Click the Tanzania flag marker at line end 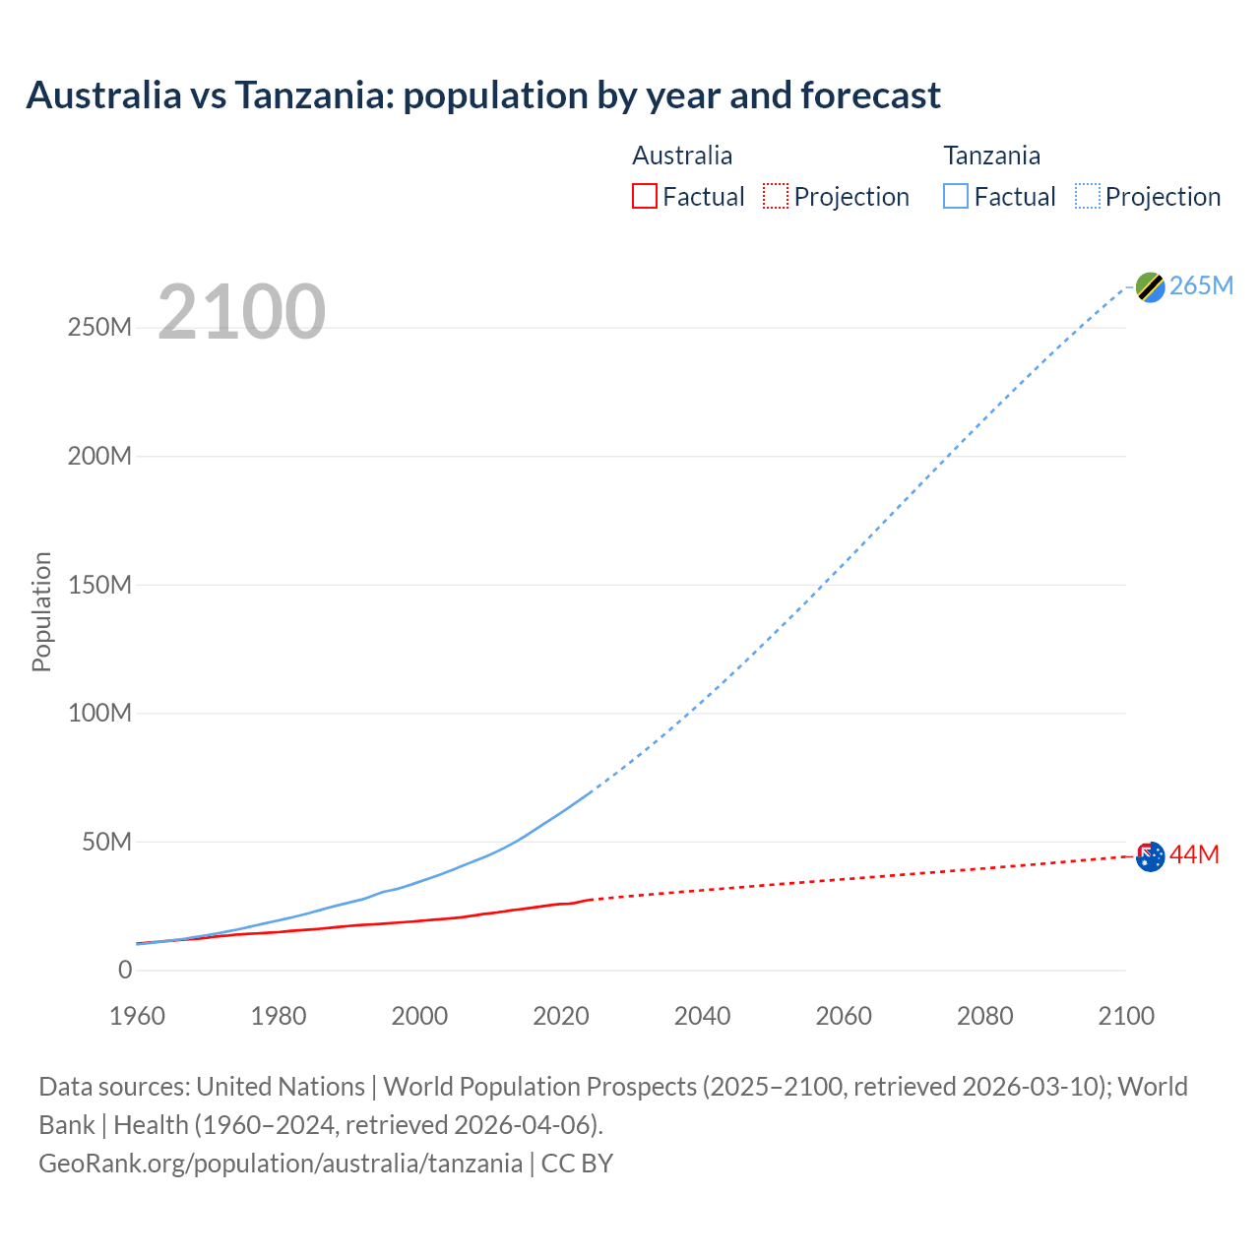click(1150, 286)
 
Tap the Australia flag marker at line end click(1150, 856)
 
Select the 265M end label click(1201, 285)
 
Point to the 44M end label click(1194, 855)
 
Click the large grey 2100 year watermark click(241, 312)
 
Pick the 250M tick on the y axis click(99, 328)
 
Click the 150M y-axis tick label click(99, 585)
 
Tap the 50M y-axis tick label click(106, 842)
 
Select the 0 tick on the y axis click(125, 971)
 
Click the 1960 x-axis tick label click(137, 1016)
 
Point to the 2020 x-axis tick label click(561, 1016)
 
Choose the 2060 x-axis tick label click(844, 1016)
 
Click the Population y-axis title click(41, 611)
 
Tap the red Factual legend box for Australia click(644, 196)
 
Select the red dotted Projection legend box click(776, 196)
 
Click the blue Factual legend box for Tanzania click(956, 196)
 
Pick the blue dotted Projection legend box click(1088, 196)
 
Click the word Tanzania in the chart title click(312, 95)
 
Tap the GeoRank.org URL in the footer click(281, 1163)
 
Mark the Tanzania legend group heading click(991, 156)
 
